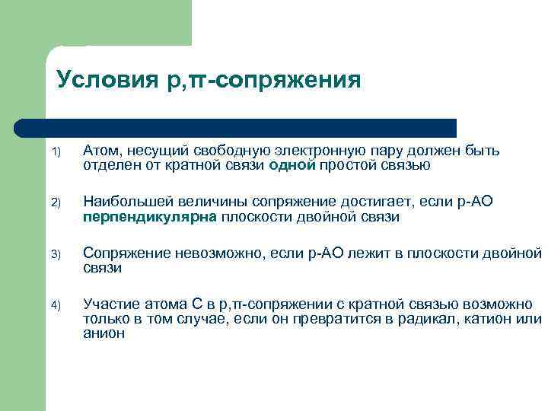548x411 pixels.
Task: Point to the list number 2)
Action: tap(59, 203)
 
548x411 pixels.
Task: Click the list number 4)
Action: tap(59, 306)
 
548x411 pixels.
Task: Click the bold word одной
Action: tap(292, 165)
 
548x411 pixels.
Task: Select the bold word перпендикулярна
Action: tap(150, 217)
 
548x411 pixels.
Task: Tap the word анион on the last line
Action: tap(104, 333)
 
